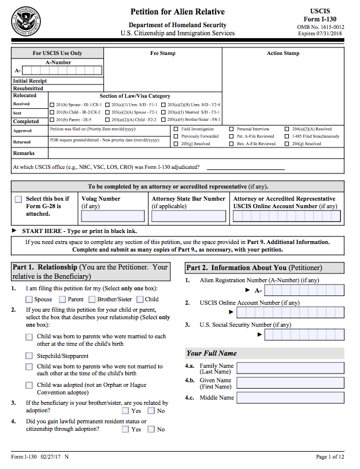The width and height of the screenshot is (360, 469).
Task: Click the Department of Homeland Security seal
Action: [x=26, y=21]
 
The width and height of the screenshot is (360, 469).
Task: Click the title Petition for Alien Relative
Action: [x=177, y=12]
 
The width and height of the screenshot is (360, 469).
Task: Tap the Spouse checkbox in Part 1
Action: [x=29, y=300]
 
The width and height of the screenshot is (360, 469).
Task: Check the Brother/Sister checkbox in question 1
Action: [x=92, y=300]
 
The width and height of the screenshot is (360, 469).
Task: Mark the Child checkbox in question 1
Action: [x=140, y=300]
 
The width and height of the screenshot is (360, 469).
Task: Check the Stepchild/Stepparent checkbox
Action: [x=29, y=356]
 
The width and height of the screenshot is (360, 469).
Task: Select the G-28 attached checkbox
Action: [x=18, y=199]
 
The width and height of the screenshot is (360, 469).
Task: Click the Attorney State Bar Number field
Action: [x=188, y=217]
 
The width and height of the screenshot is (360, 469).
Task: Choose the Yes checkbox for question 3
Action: [x=125, y=411]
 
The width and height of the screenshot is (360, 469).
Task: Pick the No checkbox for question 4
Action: [x=151, y=429]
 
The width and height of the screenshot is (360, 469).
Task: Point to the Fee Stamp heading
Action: [x=163, y=53]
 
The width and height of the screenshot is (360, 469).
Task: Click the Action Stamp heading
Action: [x=283, y=53]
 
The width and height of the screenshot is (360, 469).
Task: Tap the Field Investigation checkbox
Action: [x=176, y=129]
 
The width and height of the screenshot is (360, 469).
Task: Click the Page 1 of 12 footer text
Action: [x=330, y=457]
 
